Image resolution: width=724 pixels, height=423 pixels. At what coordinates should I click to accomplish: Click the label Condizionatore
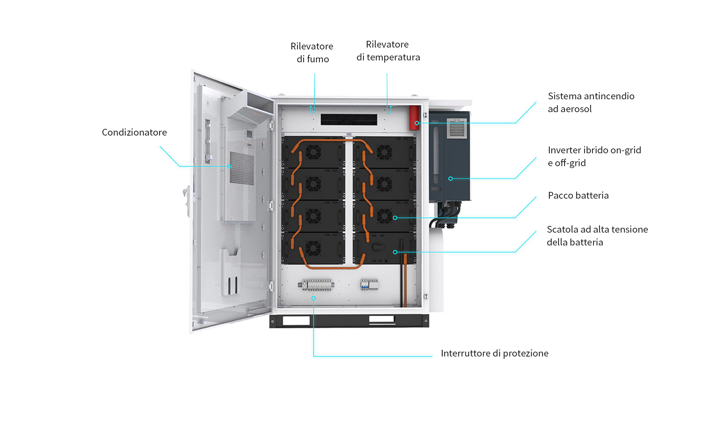134,133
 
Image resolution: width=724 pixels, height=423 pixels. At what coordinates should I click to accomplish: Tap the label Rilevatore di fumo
312,52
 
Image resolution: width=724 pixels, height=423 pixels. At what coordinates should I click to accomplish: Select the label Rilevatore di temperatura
388,51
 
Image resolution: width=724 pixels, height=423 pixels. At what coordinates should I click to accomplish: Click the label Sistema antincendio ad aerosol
591,102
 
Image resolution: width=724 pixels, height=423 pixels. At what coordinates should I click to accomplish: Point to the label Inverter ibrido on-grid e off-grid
594,156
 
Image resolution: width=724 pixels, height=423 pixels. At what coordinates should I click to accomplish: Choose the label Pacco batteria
578,196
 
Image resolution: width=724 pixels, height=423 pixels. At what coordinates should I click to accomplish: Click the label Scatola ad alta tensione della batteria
597,236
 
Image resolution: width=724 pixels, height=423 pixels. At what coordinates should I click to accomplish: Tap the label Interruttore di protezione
494,354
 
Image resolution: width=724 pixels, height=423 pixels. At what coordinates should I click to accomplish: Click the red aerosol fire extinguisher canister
414,117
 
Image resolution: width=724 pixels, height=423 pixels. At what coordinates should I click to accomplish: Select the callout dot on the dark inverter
450,179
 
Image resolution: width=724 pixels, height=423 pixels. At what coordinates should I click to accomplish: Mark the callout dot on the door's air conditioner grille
229,167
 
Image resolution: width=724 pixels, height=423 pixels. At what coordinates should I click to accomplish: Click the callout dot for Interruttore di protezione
313,298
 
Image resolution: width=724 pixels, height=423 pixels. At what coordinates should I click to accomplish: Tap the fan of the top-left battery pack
313,153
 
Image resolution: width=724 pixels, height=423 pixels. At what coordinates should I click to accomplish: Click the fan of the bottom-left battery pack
313,248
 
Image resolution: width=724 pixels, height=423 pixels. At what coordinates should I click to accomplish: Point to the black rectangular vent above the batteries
349,120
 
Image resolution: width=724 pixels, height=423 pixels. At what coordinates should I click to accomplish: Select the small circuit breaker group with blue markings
369,285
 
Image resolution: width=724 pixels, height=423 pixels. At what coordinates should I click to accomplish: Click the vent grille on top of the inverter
457,129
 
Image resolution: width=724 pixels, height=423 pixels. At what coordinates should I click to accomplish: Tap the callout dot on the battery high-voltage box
395,252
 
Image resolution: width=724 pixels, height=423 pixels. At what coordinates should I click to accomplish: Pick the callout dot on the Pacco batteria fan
395,218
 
